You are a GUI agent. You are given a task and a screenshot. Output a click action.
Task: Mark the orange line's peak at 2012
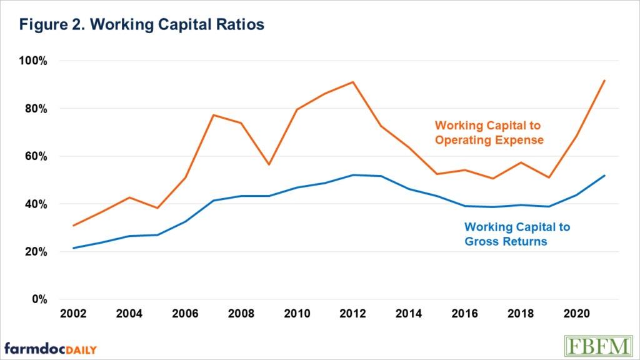coord(353,82)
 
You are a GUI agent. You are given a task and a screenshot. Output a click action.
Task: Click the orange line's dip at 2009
coord(269,164)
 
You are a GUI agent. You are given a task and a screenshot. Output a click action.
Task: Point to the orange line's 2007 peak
coord(213,115)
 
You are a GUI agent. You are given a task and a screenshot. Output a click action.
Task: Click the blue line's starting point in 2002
coord(74,248)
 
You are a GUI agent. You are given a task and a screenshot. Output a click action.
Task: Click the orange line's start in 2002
coord(74,226)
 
